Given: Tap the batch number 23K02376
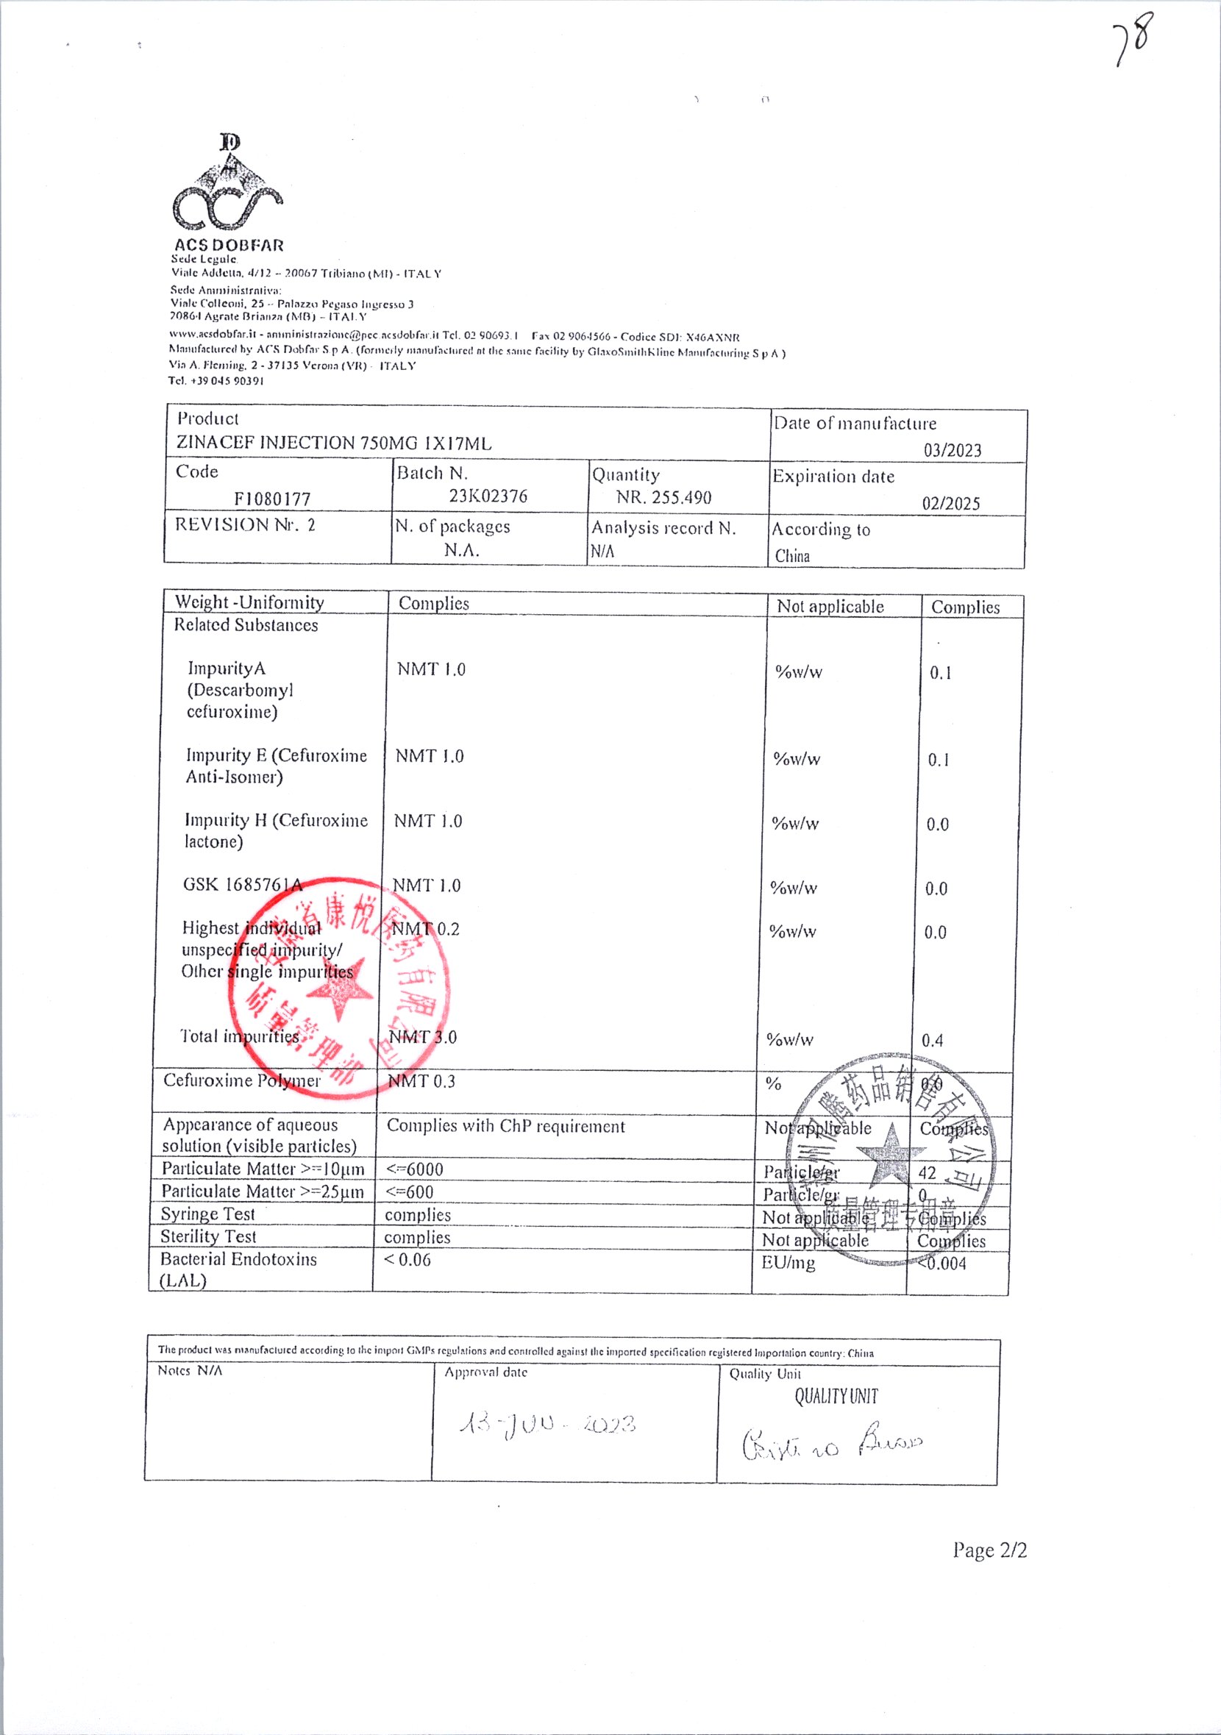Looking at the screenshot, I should (x=488, y=496).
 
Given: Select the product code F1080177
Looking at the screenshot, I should (x=272, y=499).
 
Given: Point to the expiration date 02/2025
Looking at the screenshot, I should (x=950, y=504).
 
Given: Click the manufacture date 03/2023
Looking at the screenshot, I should (x=952, y=450).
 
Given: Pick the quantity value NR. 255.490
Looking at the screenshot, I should (x=663, y=497).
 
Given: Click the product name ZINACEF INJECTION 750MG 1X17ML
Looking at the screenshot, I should (x=333, y=443).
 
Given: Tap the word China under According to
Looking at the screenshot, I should (x=792, y=556).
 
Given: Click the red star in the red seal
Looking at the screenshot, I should (x=341, y=988).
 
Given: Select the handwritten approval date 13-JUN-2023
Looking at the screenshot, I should (x=548, y=1425).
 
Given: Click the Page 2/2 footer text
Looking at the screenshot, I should (x=989, y=1550).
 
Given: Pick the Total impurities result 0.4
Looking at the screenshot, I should (x=932, y=1041).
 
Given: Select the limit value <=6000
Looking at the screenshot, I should (x=414, y=1169).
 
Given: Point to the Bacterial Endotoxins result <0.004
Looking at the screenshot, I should (x=941, y=1264).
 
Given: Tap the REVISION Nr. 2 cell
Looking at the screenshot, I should (x=245, y=524).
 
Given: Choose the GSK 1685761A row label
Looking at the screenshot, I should (x=242, y=884).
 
